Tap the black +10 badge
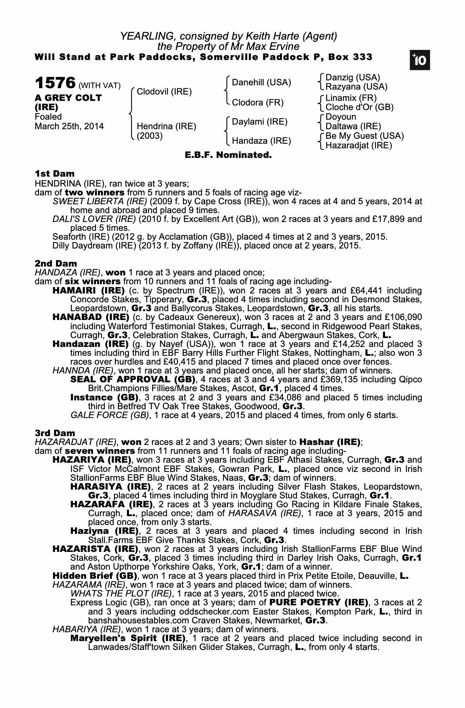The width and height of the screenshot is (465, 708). coord(420,61)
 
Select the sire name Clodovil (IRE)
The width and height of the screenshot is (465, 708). coord(164,92)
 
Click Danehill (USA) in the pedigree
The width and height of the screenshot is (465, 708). coord(261,82)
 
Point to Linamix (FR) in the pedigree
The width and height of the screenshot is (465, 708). coord(351,98)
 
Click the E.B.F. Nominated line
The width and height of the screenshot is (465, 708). coord(228,155)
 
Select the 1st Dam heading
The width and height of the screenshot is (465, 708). coord(55,174)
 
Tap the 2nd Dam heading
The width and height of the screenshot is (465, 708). coord(56,264)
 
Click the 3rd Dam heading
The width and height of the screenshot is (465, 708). coord(55,433)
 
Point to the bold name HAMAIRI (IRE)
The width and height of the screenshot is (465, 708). coord(88,291)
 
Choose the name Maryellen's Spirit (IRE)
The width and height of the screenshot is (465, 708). coord(128,638)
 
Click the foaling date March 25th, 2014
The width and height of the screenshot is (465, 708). coord(69,126)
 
